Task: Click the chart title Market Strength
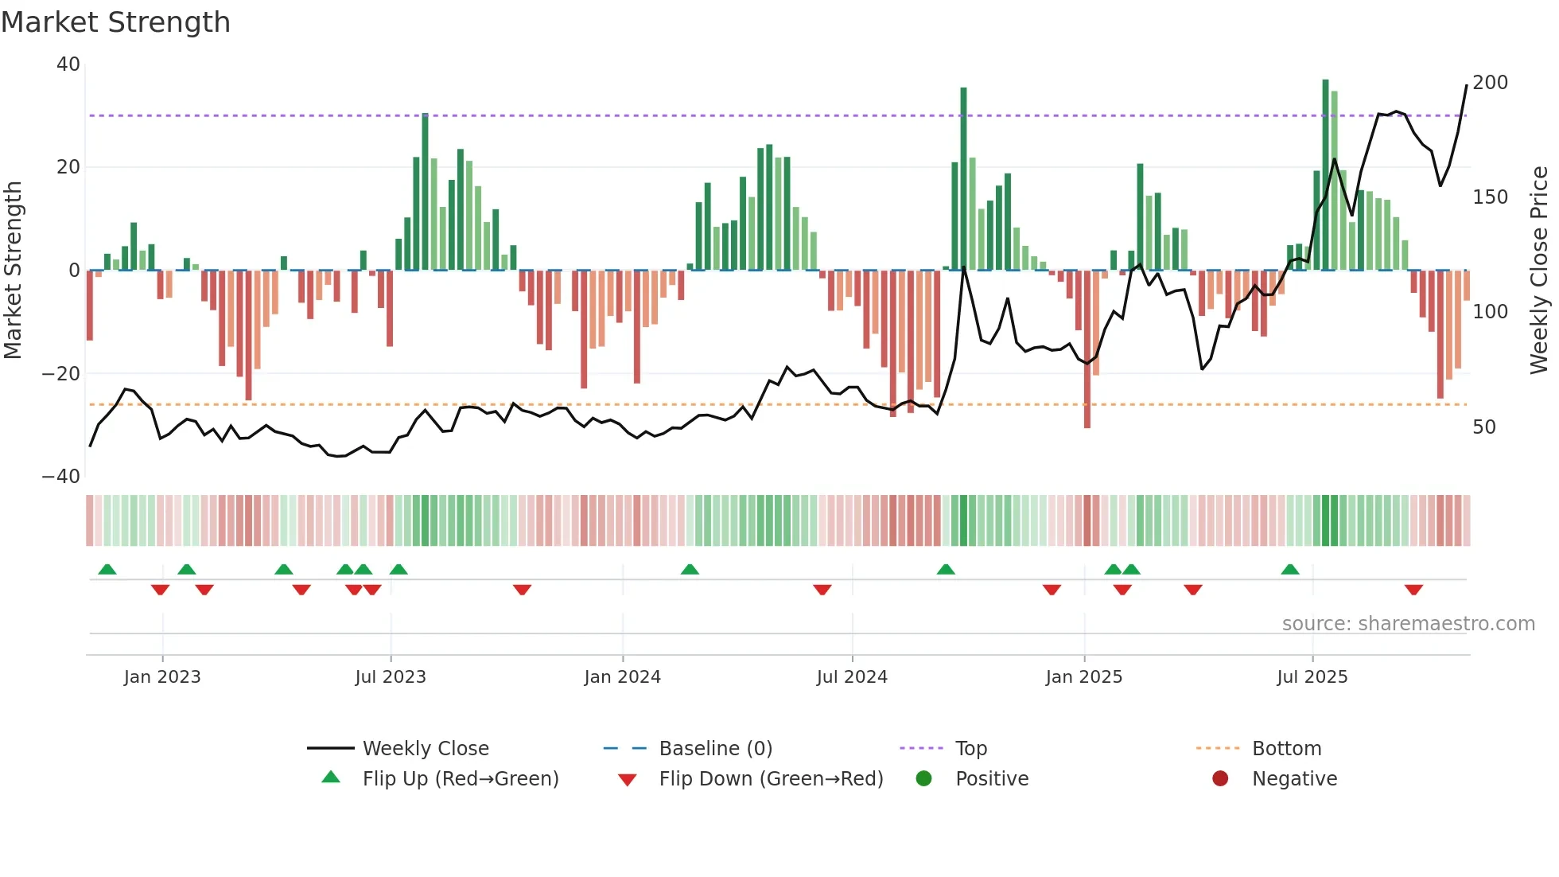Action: (x=115, y=22)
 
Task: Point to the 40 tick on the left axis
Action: (x=68, y=64)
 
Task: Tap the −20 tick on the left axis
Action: (x=61, y=373)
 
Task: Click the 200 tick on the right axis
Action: (x=1490, y=83)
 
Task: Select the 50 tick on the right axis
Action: (x=1484, y=427)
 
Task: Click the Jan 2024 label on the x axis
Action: (x=622, y=677)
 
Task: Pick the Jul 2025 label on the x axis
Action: (x=1312, y=677)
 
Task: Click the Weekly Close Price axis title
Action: (x=1539, y=271)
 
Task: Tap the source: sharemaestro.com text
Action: (x=1408, y=624)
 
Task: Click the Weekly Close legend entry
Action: (x=426, y=749)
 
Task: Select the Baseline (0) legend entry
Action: (x=715, y=749)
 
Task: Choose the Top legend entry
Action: (x=970, y=749)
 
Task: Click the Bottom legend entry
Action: (x=1286, y=749)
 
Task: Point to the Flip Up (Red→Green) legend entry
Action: (x=460, y=779)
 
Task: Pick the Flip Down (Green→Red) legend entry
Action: (x=771, y=779)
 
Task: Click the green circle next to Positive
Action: (x=923, y=778)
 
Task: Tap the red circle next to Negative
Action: (x=1220, y=778)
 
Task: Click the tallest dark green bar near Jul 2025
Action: (x=1325, y=175)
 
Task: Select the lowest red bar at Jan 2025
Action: (x=1087, y=350)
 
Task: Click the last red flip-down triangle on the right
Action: (x=1413, y=590)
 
